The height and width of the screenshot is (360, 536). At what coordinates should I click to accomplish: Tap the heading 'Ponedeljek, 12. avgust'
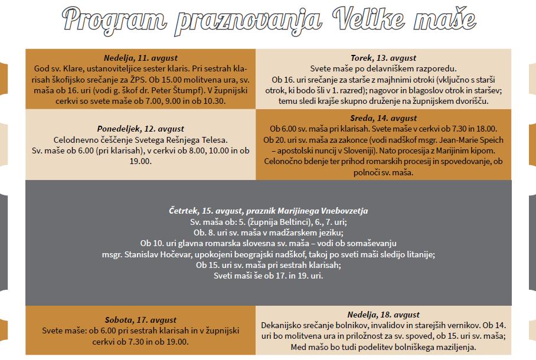point(140,128)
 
